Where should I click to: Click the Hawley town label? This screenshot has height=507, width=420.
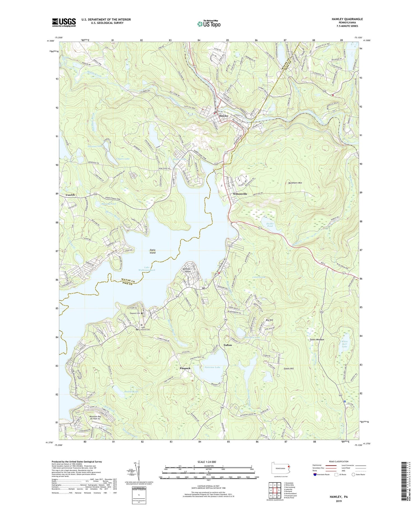tap(224, 115)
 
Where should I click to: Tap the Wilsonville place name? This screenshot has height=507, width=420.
tap(240, 194)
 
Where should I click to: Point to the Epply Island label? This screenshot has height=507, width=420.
tap(152, 251)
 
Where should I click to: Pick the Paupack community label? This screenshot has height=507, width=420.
tap(185, 368)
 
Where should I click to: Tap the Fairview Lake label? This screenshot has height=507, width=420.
tap(212, 367)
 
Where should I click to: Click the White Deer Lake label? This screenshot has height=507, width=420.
tap(344, 344)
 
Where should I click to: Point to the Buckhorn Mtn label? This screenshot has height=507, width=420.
tap(295, 183)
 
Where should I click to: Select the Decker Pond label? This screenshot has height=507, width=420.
tap(270, 225)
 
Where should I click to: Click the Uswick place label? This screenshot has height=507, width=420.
tap(70, 195)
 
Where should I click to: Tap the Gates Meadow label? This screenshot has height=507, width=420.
tap(317, 339)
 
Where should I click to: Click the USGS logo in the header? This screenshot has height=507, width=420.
tap(64, 22)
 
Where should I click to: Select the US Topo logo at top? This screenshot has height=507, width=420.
tap(209, 24)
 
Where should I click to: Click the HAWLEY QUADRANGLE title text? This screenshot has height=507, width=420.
tap(347, 19)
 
